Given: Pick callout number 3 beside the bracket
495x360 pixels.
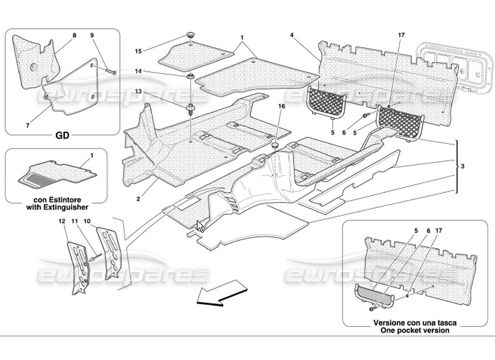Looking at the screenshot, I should coord(463,166).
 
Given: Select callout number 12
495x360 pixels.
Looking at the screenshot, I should coord(62,221).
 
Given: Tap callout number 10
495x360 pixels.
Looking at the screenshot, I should coord(87,221).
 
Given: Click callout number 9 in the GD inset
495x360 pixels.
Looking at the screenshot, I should coord(92,35).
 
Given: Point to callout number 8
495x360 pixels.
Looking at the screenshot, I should coord(74,35).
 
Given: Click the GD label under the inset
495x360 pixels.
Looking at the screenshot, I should coord(62,135).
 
